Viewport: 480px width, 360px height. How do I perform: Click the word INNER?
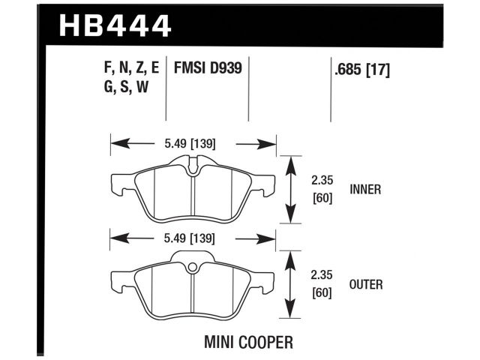pos(366,190)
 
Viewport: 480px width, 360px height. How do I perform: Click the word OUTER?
pos(367,284)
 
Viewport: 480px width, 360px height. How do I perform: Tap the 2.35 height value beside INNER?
pos(322,181)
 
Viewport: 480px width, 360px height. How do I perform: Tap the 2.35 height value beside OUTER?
pos(322,275)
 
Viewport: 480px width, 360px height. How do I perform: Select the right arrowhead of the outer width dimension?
pos(271,239)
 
